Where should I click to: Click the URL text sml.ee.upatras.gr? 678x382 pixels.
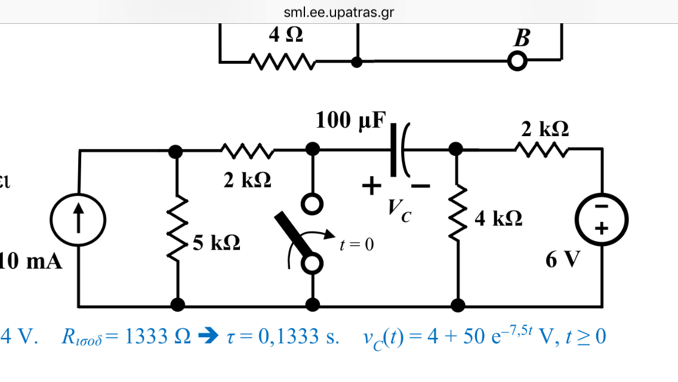tap(339, 13)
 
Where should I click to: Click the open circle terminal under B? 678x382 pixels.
tap(517, 61)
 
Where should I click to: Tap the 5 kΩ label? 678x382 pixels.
tap(217, 242)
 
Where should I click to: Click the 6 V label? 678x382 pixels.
tap(562, 260)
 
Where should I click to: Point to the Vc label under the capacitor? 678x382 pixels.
tap(398, 209)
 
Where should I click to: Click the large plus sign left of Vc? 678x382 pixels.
tap(371, 187)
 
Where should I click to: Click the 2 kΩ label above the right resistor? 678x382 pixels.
tap(544, 128)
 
